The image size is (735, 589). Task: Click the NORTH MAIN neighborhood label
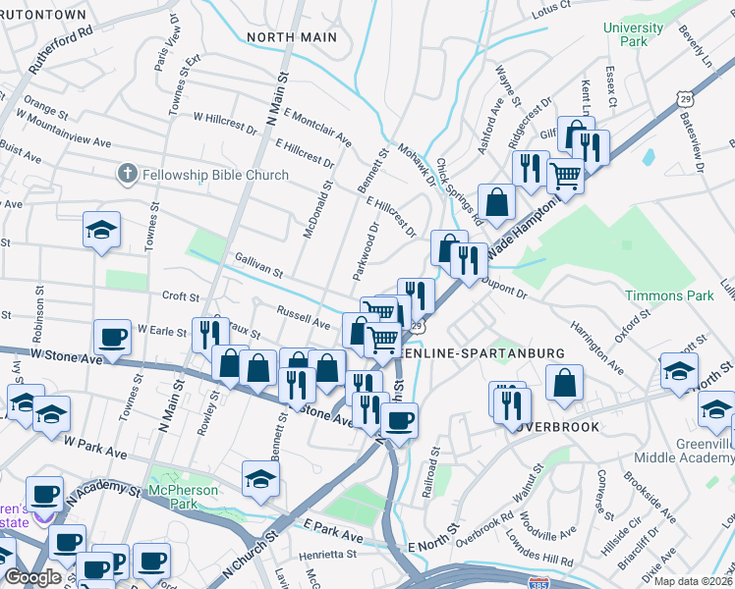(292, 37)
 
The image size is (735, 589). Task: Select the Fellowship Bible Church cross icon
(126, 175)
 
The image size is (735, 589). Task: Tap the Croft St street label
(181, 296)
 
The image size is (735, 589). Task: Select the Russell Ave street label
(303, 321)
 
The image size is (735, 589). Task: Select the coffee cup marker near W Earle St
(113, 337)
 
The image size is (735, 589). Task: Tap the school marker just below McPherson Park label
(260, 477)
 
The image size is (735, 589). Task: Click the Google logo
(32, 577)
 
